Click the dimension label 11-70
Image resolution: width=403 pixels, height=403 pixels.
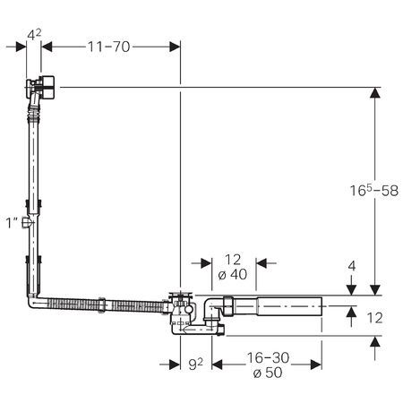pyautogui.click(x=108, y=47)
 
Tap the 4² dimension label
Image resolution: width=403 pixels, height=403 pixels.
pyautogui.click(x=34, y=35)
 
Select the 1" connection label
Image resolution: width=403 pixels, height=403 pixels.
pyautogui.click(x=12, y=223)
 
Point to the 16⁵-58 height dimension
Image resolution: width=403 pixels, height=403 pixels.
pyautogui.click(x=374, y=191)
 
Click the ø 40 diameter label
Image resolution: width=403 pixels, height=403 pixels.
pyautogui.click(x=233, y=274)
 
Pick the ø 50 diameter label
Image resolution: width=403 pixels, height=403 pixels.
pyautogui.click(x=268, y=373)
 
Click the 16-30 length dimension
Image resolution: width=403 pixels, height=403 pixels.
pyautogui.click(x=268, y=357)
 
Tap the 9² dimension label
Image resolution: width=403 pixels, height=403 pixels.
pyautogui.click(x=196, y=364)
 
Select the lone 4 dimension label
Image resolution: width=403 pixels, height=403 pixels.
pyautogui.click(x=352, y=266)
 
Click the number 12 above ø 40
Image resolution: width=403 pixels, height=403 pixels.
pyautogui.click(x=233, y=260)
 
